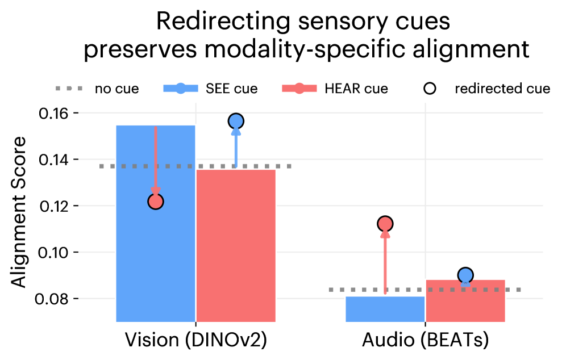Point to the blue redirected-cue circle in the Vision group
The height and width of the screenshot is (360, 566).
236,121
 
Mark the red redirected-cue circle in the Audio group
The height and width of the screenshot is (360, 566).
385,224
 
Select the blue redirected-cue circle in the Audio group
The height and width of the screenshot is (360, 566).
465,275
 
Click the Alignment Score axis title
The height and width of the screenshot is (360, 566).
19,212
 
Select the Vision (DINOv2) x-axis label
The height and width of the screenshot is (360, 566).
195,340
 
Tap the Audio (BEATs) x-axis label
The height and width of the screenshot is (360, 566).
426,340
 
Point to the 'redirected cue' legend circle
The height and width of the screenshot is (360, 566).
430,89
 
